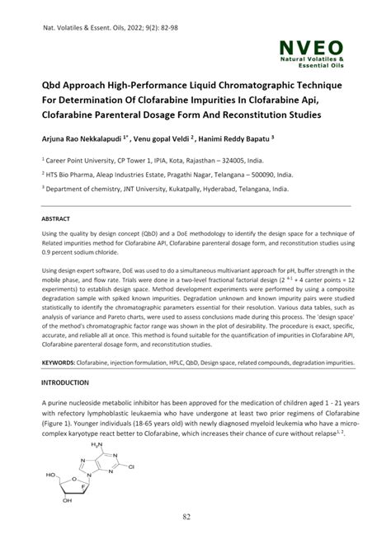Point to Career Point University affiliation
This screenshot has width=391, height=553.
pos(82,162)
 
